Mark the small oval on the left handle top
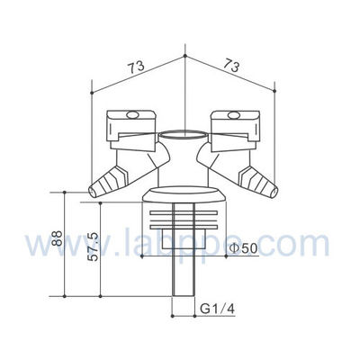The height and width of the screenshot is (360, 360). point(130,114)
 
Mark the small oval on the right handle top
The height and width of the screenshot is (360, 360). point(232,114)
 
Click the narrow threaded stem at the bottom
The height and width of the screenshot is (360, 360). point(182,288)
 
